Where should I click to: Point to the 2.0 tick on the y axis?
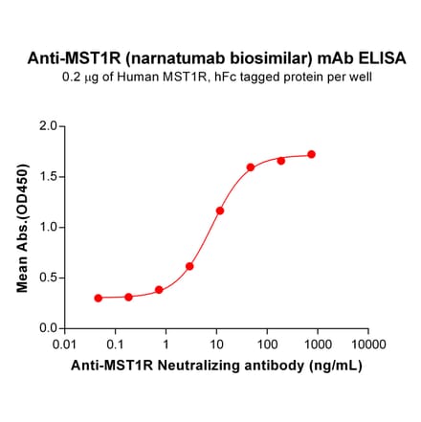tap(46, 125)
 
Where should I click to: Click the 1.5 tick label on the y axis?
tap(46, 176)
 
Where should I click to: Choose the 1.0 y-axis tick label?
tap(46, 227)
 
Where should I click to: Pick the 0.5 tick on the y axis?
tap(46, 278)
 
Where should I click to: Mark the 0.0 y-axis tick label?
tap(46, 328)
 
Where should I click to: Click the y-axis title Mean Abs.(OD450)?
tap(22, 228)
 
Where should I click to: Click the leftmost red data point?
tap(99, 298)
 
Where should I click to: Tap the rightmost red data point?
tap(312, 154)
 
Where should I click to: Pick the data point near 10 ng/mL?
tap(220, 211)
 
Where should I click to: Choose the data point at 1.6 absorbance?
tap(251, 167)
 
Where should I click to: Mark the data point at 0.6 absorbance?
tap(189, 266)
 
